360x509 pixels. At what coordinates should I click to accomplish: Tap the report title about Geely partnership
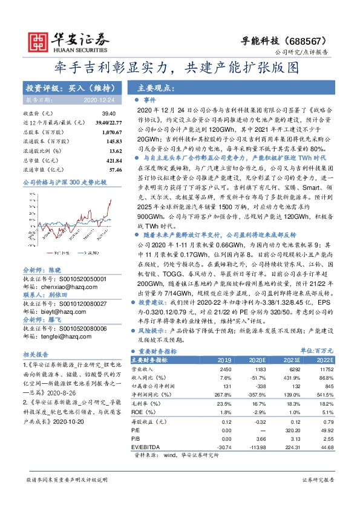(x=179, y=67)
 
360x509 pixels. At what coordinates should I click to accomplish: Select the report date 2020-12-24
(x=99, y=99)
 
